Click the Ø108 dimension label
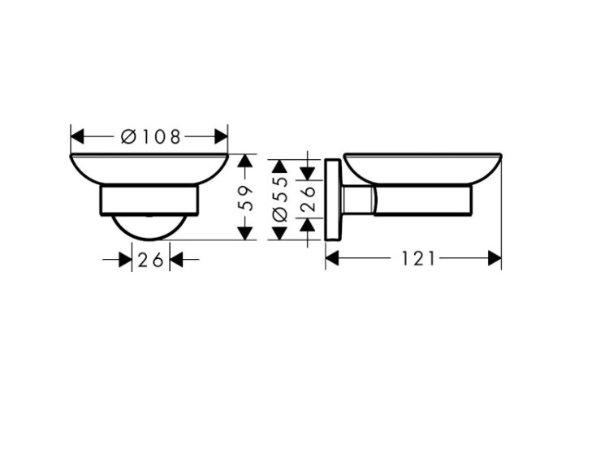(151, 136)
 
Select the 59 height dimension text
(245, 197)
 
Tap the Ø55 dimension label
(279, 198)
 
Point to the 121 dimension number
(418, 259)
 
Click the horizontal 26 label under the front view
(151, 260)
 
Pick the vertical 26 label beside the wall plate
(308, 198)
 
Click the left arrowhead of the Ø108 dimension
(77, 136)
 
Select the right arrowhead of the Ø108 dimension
(221, 136)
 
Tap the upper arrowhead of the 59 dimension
(244, 161)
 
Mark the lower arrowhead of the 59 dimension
(244, 233)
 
